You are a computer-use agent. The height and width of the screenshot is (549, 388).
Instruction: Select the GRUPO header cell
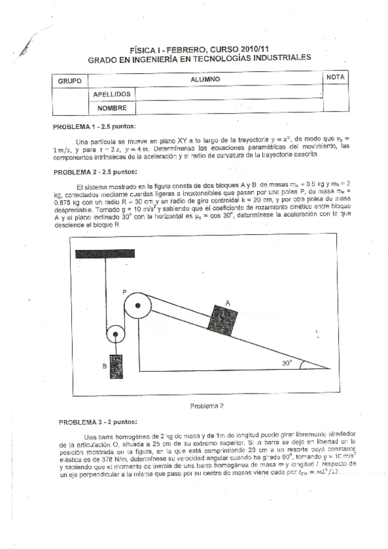pyautogui.click(x=69, y=82)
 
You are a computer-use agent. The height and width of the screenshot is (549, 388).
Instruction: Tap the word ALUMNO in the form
pyautogui.click(x=206, y=79)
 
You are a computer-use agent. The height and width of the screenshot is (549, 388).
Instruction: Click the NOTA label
pyautogui.click(x=336, y=77)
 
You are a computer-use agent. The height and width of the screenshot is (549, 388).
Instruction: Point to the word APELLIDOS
pyautogui.click(x=112, y=95)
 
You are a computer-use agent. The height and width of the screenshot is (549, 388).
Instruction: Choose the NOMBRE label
pyautogui.click(x=110, y=108)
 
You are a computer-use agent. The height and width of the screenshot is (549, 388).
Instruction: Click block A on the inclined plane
pyautogui.click(x=222, y=317)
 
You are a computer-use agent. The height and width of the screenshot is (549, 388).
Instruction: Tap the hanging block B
pyautogui.click(x=117, y=367)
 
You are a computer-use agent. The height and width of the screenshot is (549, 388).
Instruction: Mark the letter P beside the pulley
pyautogui.click(x=124, y=293)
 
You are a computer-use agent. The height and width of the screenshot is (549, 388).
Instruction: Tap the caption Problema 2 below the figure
pyautogui.click(x=207, y=406)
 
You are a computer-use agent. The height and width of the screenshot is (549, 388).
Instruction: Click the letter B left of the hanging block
pyautogui.click(x=104, y=366)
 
